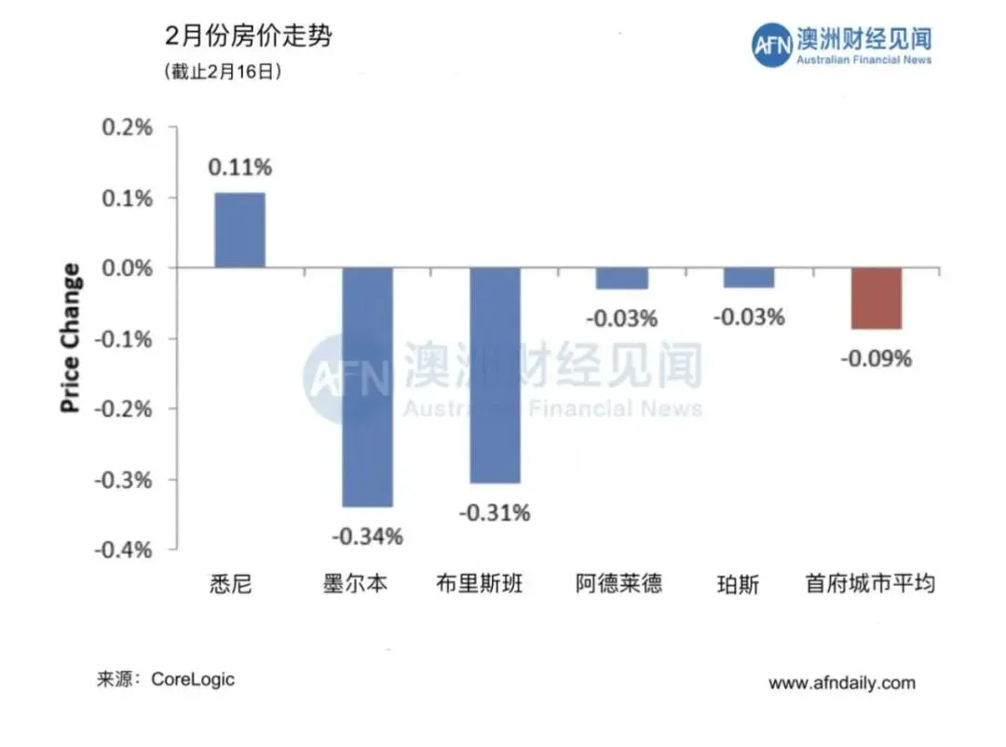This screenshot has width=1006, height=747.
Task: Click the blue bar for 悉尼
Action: (239, 230)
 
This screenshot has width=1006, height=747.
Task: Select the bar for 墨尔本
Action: (367, 387)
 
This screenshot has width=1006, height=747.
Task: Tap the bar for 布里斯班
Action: (495, 374)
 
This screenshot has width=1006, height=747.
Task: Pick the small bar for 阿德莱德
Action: (621, 278)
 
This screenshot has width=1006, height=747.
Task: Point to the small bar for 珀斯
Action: (749, 278)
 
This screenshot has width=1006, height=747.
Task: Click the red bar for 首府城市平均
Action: (876, 298)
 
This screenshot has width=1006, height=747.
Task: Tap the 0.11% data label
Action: (239, 168)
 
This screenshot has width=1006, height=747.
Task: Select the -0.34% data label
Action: (367, 536)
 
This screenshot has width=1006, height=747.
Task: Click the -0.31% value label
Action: (495, 512)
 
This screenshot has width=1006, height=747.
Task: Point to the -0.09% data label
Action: (876, 358)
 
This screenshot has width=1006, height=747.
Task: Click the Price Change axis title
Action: (71, 338)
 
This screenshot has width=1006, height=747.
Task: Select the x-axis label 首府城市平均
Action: (870, 585)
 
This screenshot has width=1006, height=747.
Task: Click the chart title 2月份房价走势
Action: (248, 38)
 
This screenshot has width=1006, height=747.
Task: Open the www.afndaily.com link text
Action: (841, 683)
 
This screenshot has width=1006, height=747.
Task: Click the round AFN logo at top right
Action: (771, 45)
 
